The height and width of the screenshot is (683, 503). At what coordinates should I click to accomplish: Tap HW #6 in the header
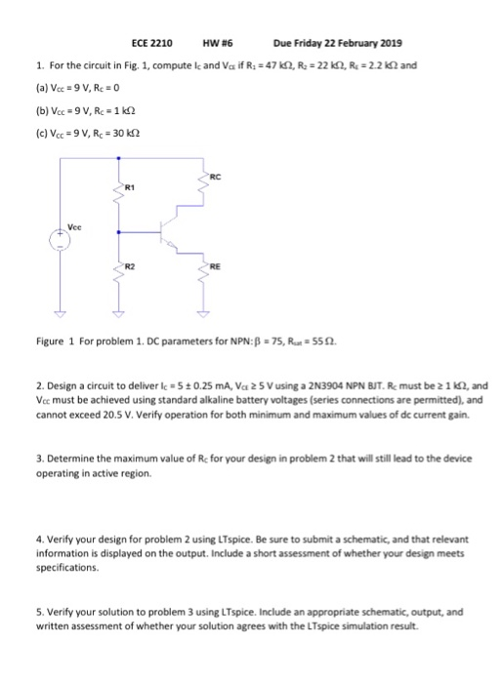(216, 44)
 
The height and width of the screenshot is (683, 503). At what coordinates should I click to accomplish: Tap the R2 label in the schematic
(129, 265)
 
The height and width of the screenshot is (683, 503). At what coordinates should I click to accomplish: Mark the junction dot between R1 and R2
(120, 232)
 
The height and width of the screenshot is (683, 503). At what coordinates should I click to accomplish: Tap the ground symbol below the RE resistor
(205, 315)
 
